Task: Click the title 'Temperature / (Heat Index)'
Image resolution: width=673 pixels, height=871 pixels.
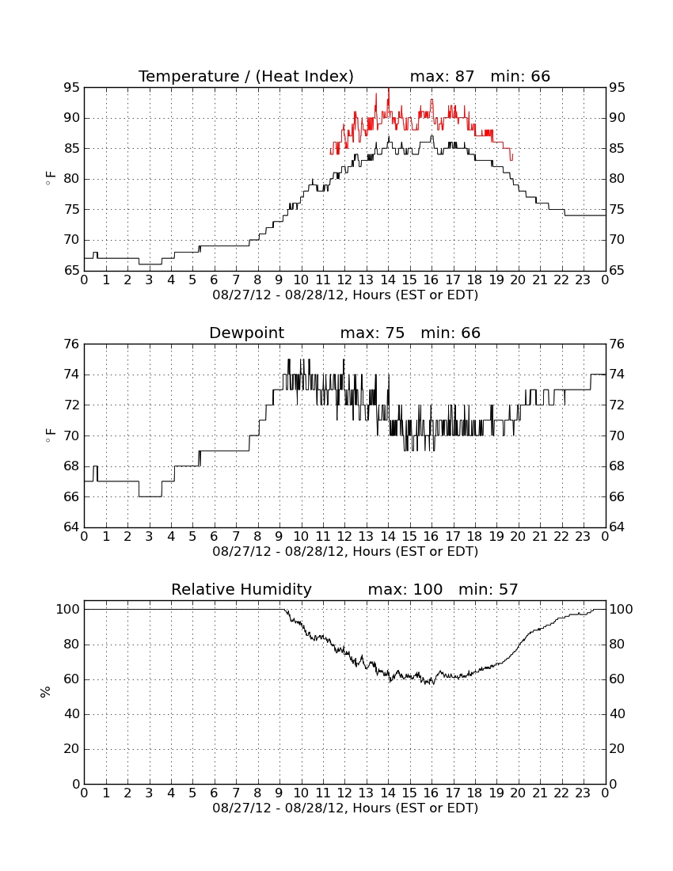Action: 246,76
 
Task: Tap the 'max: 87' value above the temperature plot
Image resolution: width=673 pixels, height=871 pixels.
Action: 442,76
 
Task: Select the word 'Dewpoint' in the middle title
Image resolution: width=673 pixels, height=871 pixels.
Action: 246,333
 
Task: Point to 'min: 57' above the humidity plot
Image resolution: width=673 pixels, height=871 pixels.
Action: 488,589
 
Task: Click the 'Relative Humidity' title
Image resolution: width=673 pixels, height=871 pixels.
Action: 241,589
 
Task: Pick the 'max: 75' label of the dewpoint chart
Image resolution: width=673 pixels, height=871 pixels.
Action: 372,333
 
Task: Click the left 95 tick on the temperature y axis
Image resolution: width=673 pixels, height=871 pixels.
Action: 72,88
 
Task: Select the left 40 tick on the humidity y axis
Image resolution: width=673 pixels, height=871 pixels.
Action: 72,713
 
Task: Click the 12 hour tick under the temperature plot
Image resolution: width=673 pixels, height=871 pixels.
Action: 344,280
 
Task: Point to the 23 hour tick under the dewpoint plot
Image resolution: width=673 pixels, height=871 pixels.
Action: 583,537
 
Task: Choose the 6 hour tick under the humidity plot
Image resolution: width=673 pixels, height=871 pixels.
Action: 215,793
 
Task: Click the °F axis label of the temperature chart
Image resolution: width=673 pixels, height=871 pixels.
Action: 50,179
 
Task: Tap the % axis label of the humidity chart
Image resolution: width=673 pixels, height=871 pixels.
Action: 45,692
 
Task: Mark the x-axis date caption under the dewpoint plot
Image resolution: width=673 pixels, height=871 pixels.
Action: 345,552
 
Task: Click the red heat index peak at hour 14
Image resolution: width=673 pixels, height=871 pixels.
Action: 388,89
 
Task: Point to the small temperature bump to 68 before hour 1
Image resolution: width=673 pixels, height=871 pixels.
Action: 96,253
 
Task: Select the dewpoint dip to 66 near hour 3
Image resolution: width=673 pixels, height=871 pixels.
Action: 150,496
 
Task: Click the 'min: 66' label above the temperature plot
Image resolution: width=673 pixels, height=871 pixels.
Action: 520,76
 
